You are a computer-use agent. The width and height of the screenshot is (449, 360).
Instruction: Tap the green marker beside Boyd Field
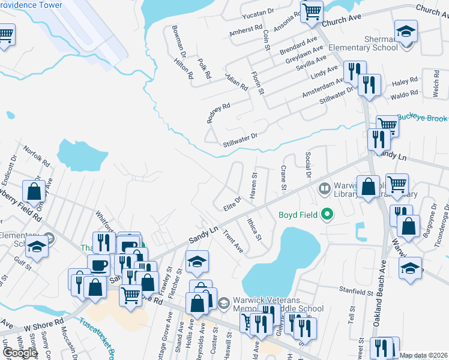click(327, 214)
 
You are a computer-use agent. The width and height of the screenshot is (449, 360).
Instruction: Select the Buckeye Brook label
click(423, 119)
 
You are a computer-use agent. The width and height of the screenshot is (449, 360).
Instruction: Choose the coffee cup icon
click(98, 266)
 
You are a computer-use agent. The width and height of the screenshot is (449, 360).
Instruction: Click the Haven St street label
click(253, 186)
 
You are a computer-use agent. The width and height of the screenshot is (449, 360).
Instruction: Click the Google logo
click(20, 352)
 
